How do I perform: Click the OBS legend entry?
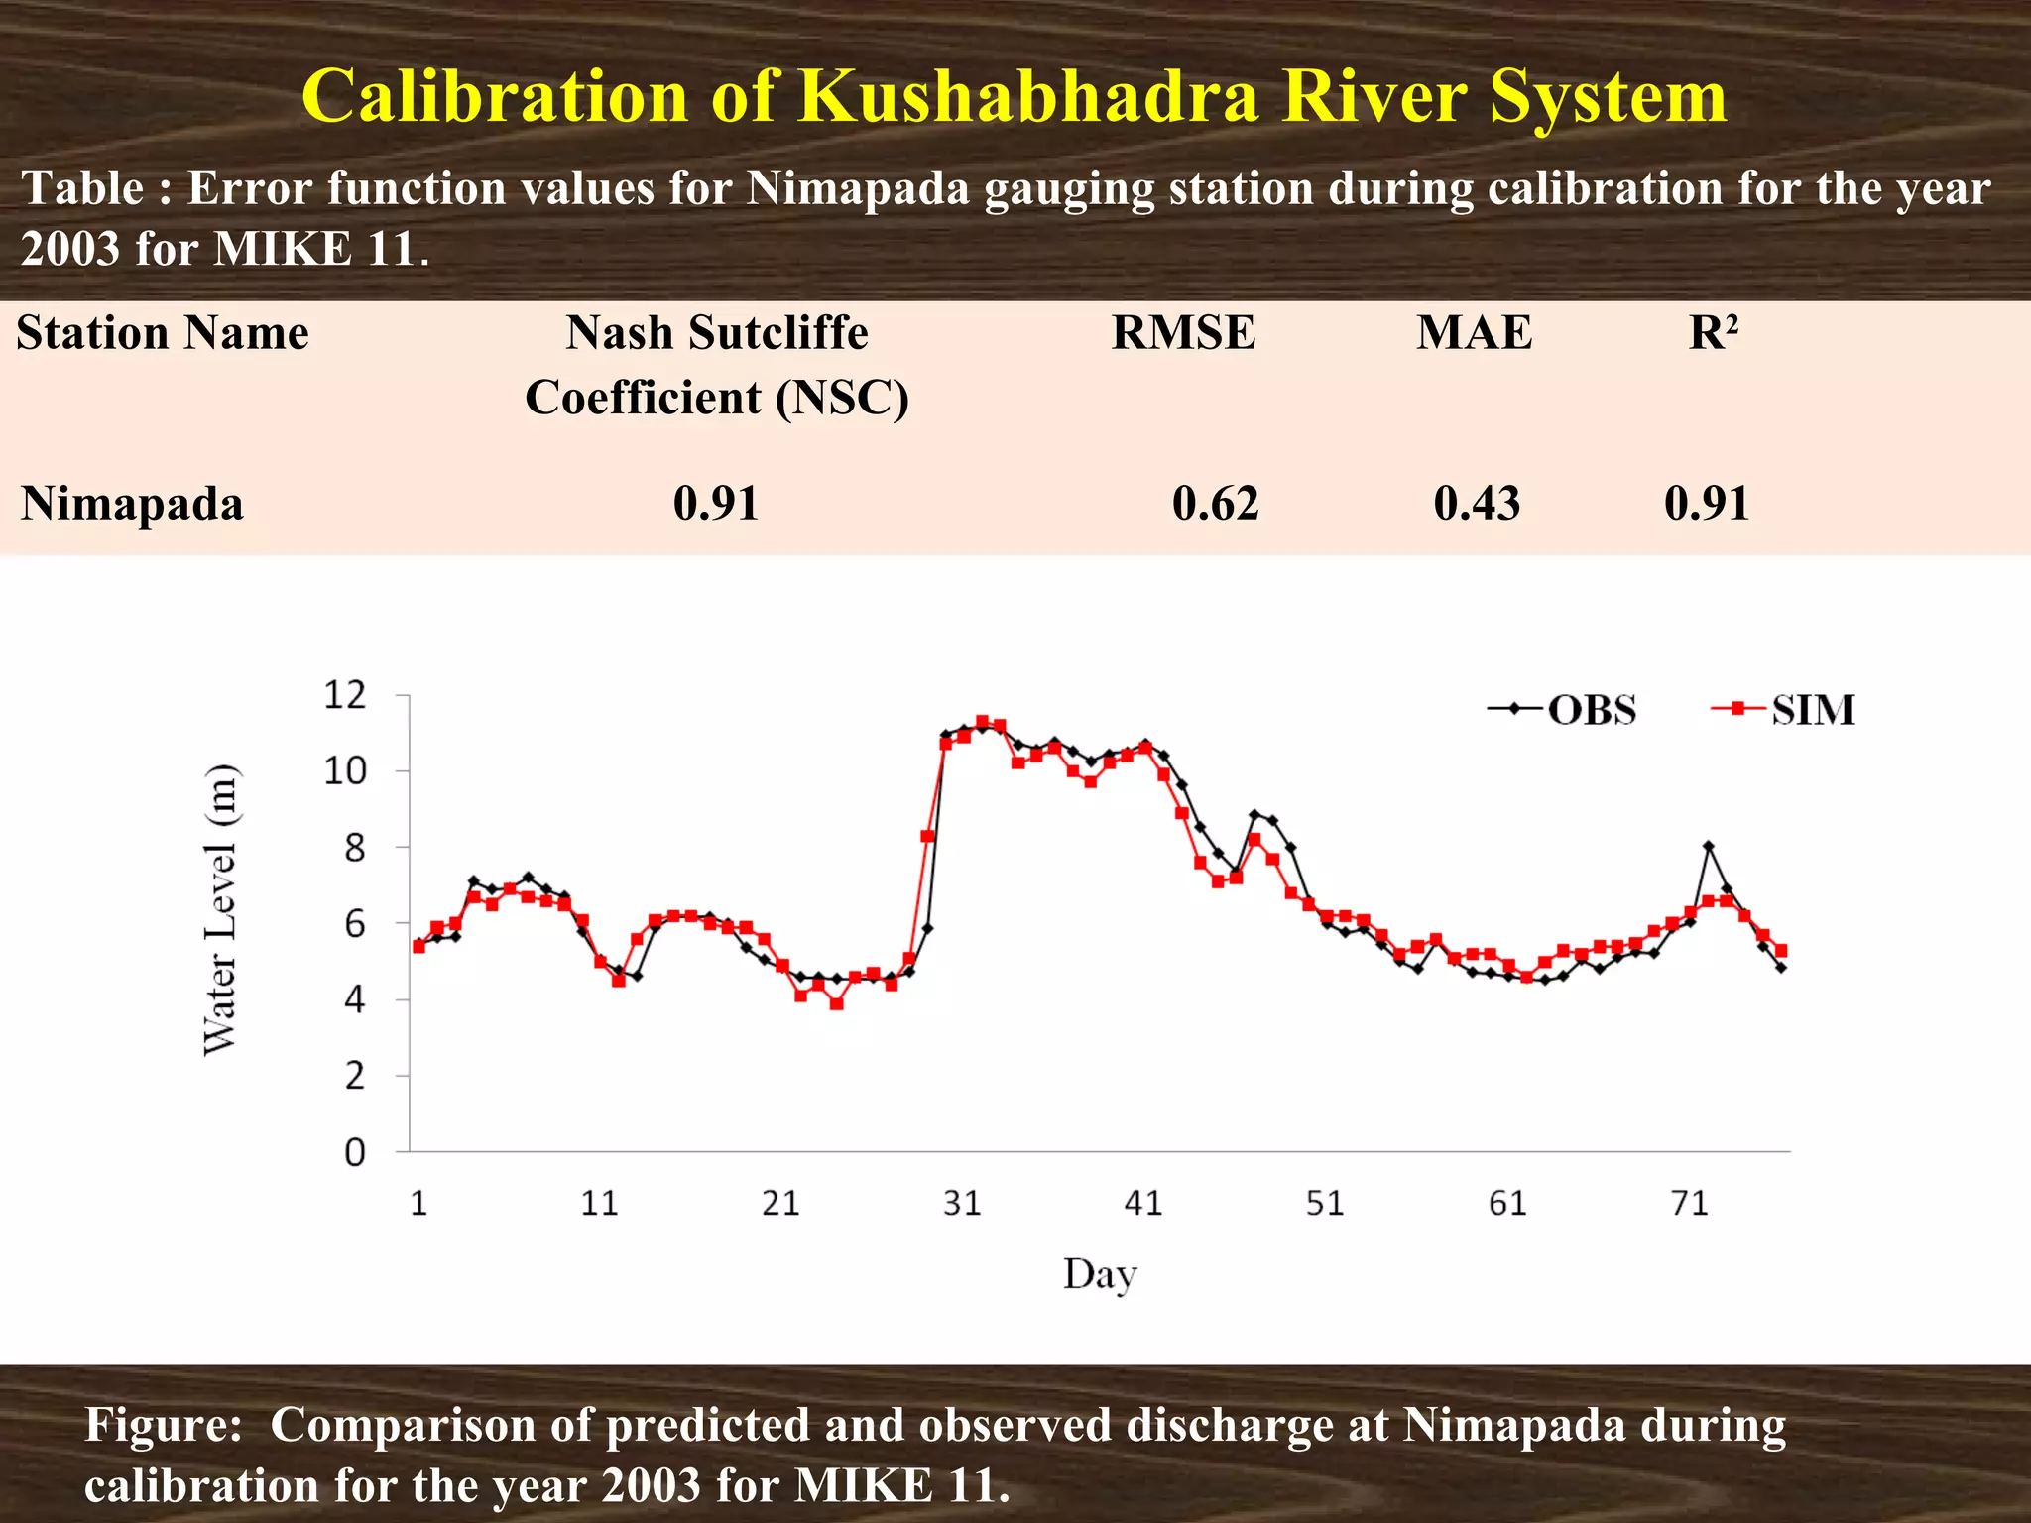coord(1562,710)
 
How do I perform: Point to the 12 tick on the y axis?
coord(345,695)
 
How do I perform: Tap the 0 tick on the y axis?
coord(355,1153)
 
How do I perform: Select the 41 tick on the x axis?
coord(1143,1204)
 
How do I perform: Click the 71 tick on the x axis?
coord(1689,1204)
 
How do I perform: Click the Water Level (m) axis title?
coord(220,910)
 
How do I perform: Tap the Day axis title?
coord(1100,1274)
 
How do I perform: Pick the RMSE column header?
coord(1183,333)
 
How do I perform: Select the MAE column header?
coord(1474,333)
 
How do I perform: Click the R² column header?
coord(1713,333)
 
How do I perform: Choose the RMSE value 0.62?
coord(1215,504)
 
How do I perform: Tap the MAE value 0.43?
coord(1477,504)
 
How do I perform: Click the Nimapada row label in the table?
coord(132,504)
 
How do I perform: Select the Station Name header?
coord(163,333)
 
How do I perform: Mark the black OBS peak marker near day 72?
coord(1708,846)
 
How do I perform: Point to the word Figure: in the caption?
coord(164,1426)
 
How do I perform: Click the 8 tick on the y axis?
coord(355,848)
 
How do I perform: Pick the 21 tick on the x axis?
coord(780,1204)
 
